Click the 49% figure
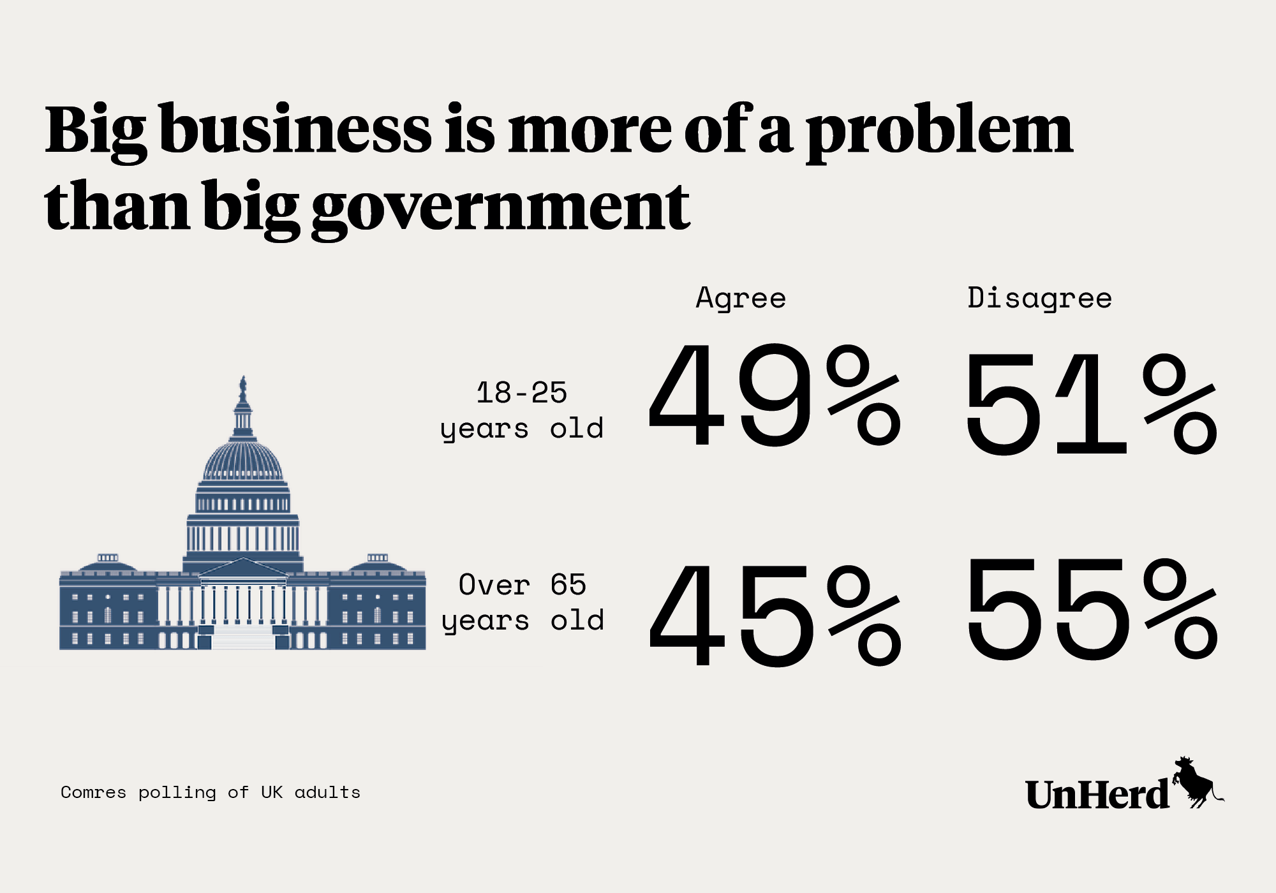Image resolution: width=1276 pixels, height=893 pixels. click(775, 395)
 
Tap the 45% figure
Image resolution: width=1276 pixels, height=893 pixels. click(775, 614)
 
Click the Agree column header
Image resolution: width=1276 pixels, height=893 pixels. click(741, 298)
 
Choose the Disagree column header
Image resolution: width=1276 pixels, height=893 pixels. click(1039, 298)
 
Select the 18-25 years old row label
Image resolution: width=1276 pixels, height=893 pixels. click(522, 410)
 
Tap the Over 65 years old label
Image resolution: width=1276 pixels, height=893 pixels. click(523, 602)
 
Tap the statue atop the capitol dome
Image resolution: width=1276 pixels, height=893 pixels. click(242, 388)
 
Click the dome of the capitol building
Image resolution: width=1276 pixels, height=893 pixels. click(242, 459)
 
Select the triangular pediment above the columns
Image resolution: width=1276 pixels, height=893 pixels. click(243, 568)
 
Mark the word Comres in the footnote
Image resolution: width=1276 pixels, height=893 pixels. click(93, 792)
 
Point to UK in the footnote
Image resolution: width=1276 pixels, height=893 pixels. click(271, 792)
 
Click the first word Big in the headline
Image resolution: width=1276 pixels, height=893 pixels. click(96, 131)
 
